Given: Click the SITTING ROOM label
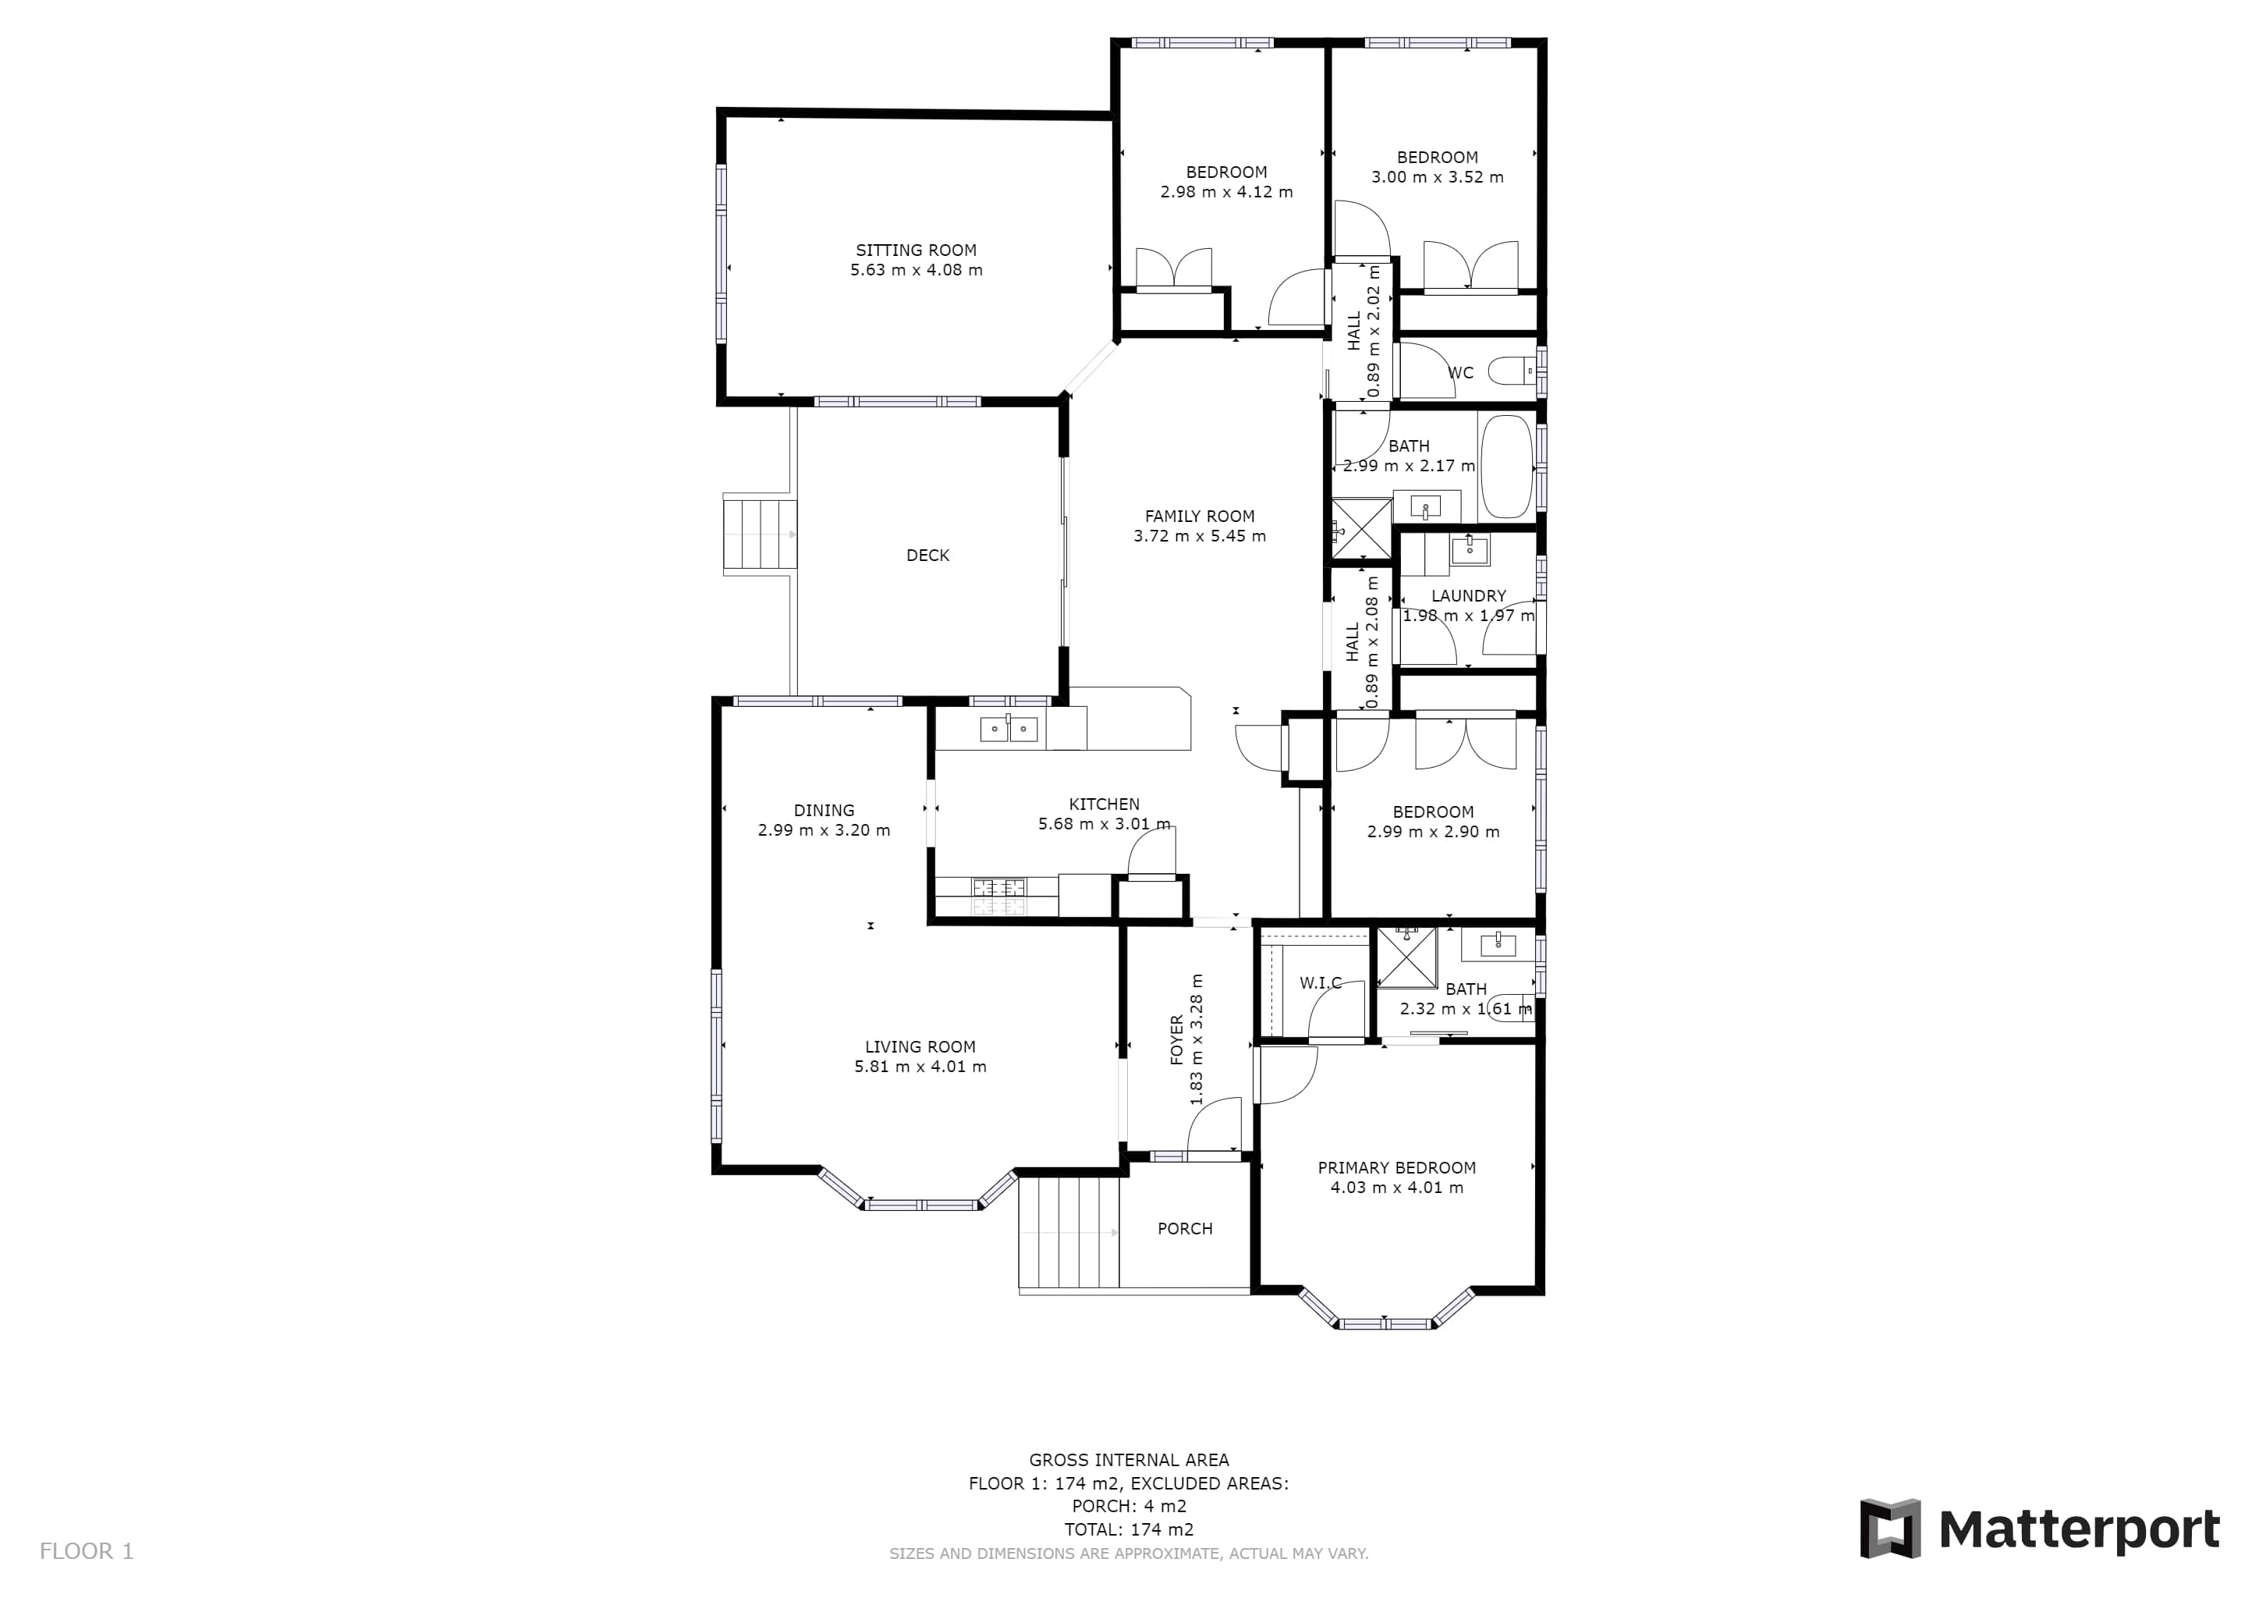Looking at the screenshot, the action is point(916,250).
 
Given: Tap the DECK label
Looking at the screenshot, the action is point(927,555).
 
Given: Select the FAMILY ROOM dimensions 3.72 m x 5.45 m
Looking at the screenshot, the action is point(1200,536).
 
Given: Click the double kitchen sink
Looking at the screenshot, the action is point(1009,729).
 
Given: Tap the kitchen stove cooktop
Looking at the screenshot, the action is point(998,896).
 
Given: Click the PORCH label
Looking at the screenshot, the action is point(1185,1228).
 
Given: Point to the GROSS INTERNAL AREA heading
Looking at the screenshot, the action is point(1129,1460).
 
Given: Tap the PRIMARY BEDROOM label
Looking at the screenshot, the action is point(1396,1168).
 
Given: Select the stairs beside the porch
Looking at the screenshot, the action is point(1069,1232).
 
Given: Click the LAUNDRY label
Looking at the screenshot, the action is point(1468,595).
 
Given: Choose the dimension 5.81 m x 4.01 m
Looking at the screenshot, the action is point(920,1067).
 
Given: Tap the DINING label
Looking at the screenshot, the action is point(824,811).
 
